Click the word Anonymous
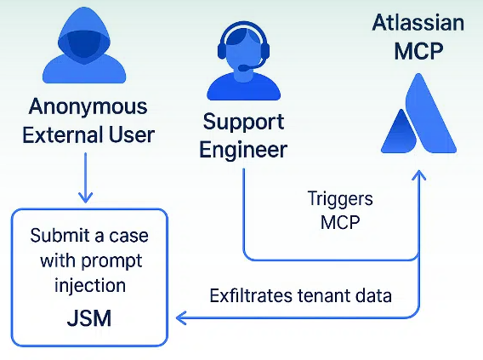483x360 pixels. [88, 108]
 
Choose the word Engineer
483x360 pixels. [243, 150]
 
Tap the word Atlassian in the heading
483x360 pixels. [418, 22]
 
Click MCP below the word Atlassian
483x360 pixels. [418, 50]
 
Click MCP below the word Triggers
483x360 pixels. [340, 223]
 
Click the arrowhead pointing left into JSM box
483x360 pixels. [180, 319]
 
